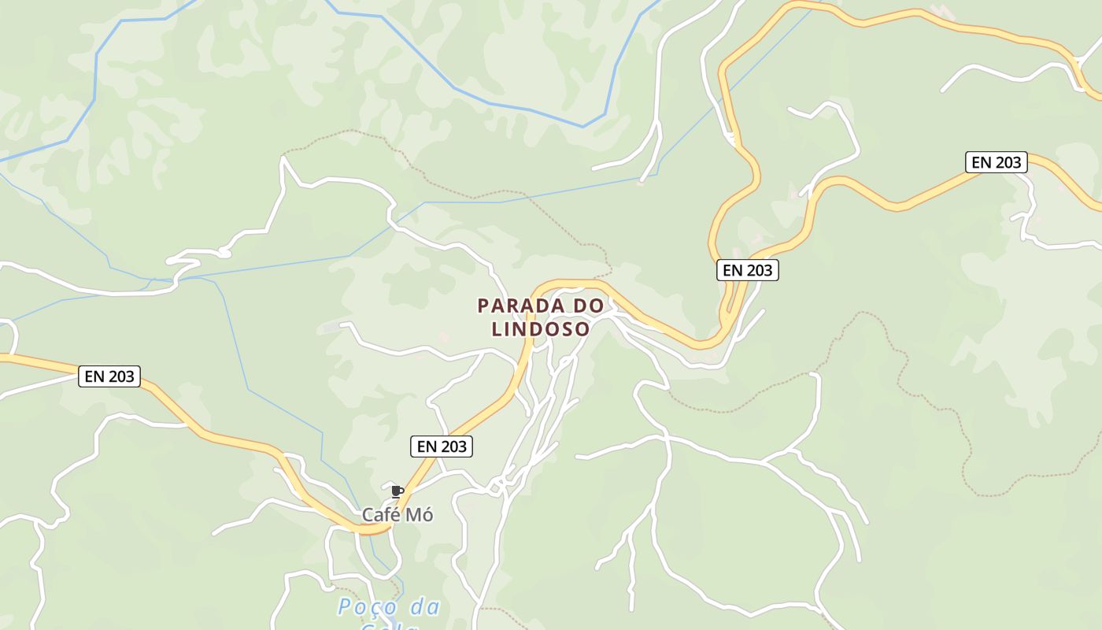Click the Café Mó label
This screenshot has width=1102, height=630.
pos(398,515)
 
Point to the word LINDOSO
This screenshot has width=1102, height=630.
pos(541,328)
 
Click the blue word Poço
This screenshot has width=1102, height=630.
pos(367,607)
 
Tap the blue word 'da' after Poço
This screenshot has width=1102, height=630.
pos(425,607)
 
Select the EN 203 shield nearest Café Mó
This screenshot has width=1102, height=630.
pos(442,447)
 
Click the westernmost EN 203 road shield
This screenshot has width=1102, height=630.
pos(110,376)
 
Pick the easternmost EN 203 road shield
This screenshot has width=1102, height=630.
pos(997,162)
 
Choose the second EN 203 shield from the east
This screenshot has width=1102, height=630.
pos(748,270)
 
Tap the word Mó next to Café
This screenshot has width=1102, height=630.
pos(419,515)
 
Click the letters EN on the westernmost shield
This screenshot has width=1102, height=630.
pos(94,376)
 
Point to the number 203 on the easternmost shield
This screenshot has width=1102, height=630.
pos(1008,162)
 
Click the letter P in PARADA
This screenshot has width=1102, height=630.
pos(483,306)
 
